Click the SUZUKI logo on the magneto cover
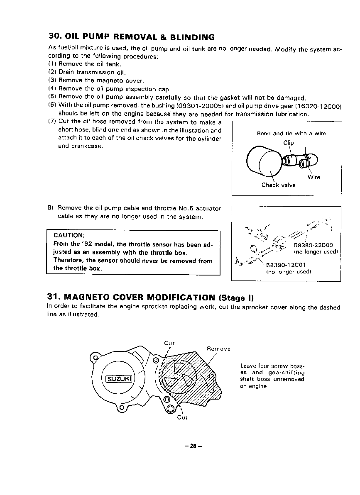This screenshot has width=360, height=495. [x=119, y=378]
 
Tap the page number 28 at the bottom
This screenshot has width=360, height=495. [x=193, y=446]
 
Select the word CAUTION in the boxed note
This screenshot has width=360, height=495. [x=69, y=236]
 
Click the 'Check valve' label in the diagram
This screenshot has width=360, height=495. [x=278, y=185]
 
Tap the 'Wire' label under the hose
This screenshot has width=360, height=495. [x=313, y=177]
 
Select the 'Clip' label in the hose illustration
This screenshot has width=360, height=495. [x=289, y=143]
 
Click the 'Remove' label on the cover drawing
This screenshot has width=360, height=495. [x=218, y=349]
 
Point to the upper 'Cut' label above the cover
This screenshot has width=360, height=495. [x=169, y=343]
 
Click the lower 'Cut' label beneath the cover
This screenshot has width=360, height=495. [x=182, y=417]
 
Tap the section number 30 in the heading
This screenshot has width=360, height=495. [x=54, y=37]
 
